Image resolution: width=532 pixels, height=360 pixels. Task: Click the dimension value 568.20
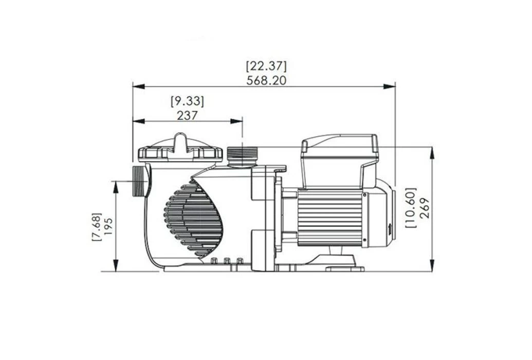coord(266,81)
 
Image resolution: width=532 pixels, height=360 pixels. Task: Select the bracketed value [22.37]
coord(266,66)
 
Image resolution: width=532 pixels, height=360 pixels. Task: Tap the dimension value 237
coord(187,116)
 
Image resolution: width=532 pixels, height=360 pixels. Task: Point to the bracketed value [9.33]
coord(188,101)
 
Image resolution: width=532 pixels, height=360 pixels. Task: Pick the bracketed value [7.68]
coord(97,227)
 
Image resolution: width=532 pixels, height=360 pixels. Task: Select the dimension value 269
coord(424,208)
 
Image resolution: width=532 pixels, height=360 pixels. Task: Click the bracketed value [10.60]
coord(411,207)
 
